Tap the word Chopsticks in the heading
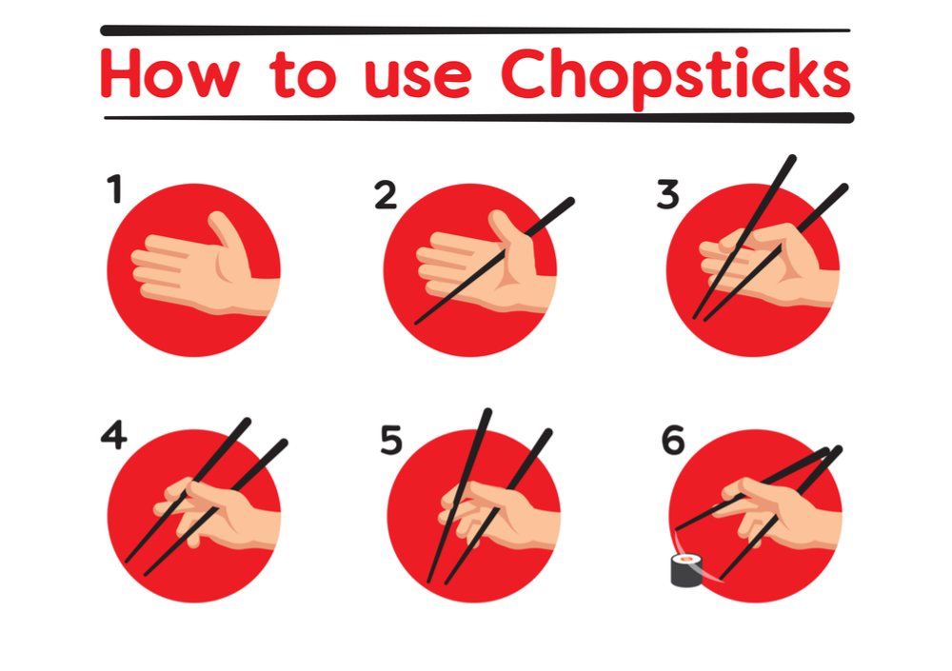click(x=676, y=74)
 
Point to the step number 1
click(x=115, y=189)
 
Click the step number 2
click(x=385, y=196)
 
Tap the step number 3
click(x=667, y=195)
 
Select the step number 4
click(x=113, y=437)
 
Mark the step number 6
click(x=672, y=441)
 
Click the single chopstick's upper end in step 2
click(x=567, y=203)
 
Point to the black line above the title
click(x=476, y=30)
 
